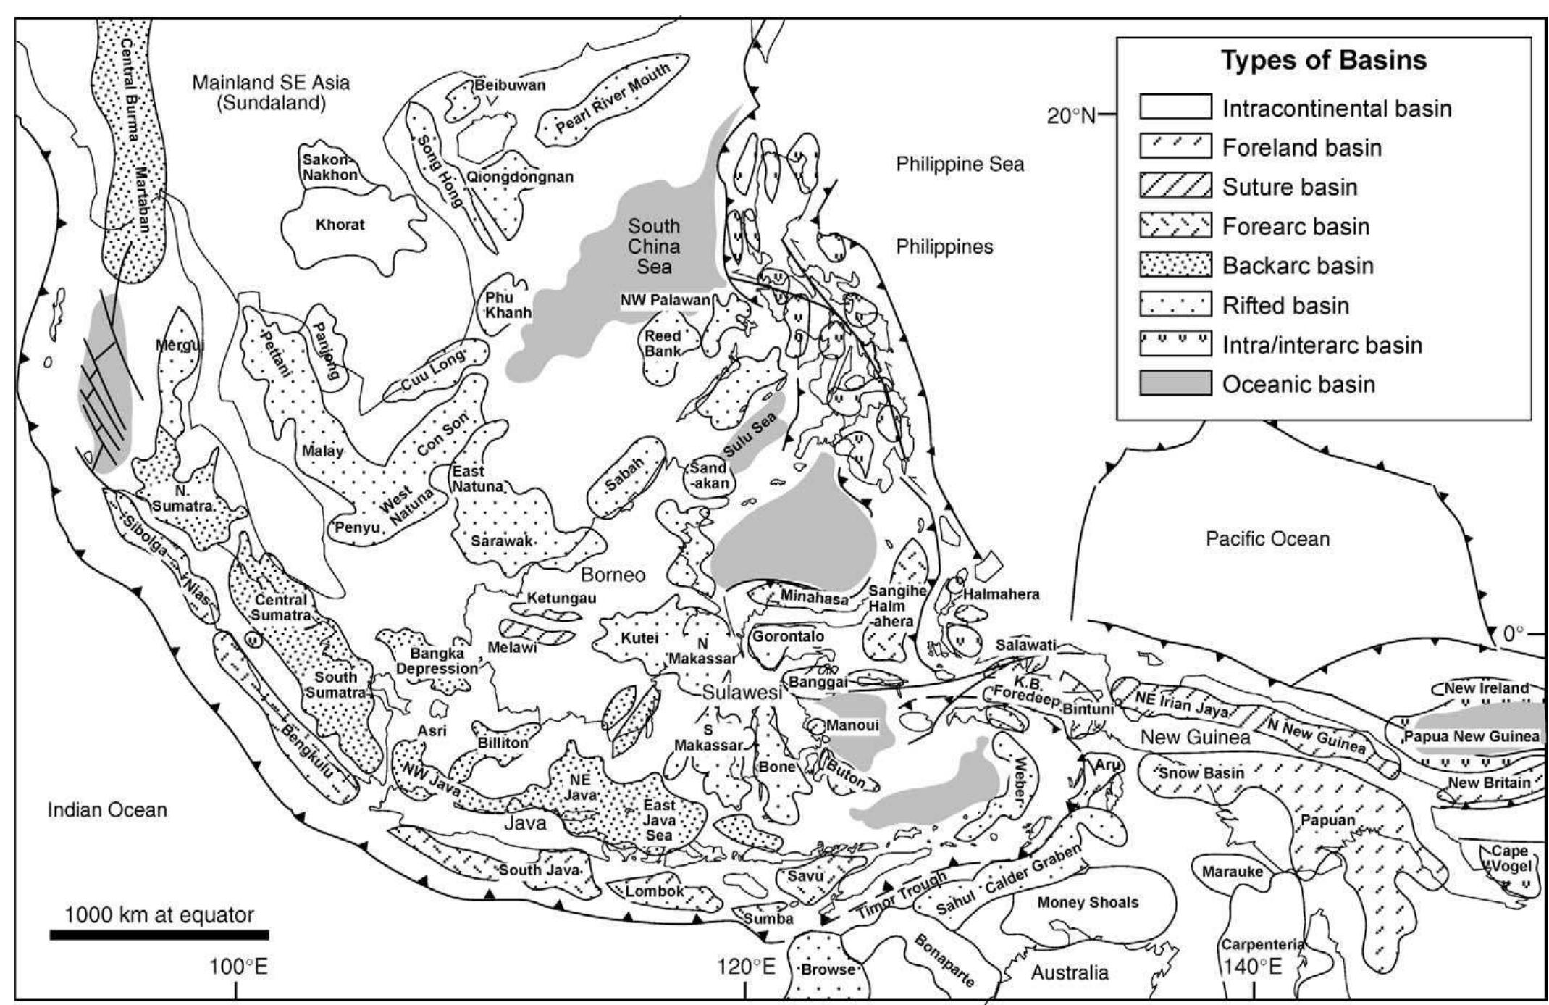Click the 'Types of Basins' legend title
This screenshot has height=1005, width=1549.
[x=1323, y=60]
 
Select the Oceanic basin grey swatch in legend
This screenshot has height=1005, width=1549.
[x=1175, y=383]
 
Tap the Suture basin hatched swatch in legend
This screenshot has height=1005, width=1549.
[x=1175, y=186]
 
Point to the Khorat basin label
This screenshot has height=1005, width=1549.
[x=340, y=225]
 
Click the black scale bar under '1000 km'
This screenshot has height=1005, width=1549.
[x=159, y=935]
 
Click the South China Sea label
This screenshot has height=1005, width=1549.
[x=654, y=246]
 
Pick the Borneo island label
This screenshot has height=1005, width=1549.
[x=613, y=575]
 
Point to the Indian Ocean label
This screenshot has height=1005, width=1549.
[x=107, y=809]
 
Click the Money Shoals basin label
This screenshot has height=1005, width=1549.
[x=1087, y=902]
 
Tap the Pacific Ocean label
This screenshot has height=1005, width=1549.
[x=1267, y=539]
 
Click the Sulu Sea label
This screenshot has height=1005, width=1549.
[x=750, y=433]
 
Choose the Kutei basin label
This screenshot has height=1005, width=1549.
[x=640, y=638]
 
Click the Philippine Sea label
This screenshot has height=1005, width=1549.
[x=960, y=164]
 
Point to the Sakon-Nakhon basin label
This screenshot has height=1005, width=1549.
[x=330, y=167]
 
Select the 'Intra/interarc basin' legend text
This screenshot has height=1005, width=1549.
[x=1322, y=345]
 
